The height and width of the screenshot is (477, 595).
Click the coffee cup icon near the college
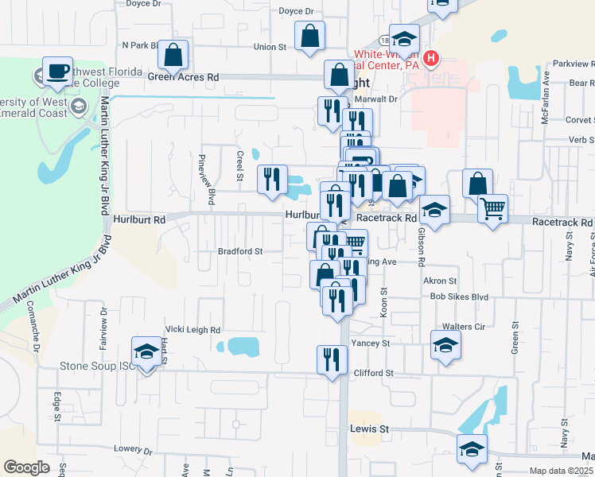(x=57, y=71)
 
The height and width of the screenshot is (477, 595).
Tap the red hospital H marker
(x=431, y=58)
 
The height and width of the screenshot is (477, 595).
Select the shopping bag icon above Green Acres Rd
(x=173, y=55)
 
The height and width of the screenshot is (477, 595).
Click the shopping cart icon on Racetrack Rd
(x=492, y=209)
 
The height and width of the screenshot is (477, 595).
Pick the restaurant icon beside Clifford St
(x=332, y=359)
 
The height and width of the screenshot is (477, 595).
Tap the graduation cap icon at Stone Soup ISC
(x=146, y=352)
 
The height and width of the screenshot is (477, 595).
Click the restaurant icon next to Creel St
(x=272, y=179)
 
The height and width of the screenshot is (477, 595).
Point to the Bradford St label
(x=240, y=251)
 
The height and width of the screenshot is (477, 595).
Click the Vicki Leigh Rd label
(x=192, y=329)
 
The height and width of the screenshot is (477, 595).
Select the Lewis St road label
(x=369, y=429)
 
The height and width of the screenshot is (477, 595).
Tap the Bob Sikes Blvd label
(x=457, y=297)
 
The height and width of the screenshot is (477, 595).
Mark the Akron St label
(x=440, y=281)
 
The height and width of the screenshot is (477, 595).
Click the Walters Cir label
(x=463, y=327)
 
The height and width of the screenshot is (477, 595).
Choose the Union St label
(x=270, y=47)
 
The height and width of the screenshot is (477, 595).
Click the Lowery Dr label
(x=132, y=449)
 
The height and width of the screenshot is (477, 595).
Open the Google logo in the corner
(x=26, y=467)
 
